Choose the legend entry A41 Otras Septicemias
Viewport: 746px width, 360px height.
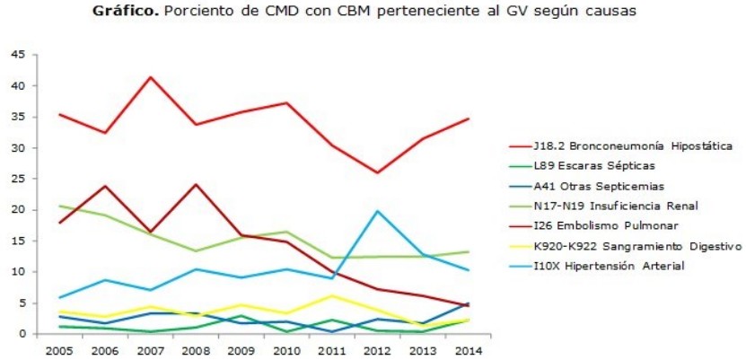click(x=599, y=186)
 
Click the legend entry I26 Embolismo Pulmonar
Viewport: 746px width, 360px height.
click(x=604, y=226)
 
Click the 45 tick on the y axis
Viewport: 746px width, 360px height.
click(x=17, y=55)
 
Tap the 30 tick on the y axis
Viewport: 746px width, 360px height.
click(x=17, y=148)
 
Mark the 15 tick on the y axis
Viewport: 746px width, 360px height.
click(x=17, y=241)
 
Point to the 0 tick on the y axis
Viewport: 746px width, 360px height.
click(x=21, y=334)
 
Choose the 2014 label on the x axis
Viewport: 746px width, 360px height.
click(x=469, y=350)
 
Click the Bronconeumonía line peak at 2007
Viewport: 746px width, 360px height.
click(x=149, y=77)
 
